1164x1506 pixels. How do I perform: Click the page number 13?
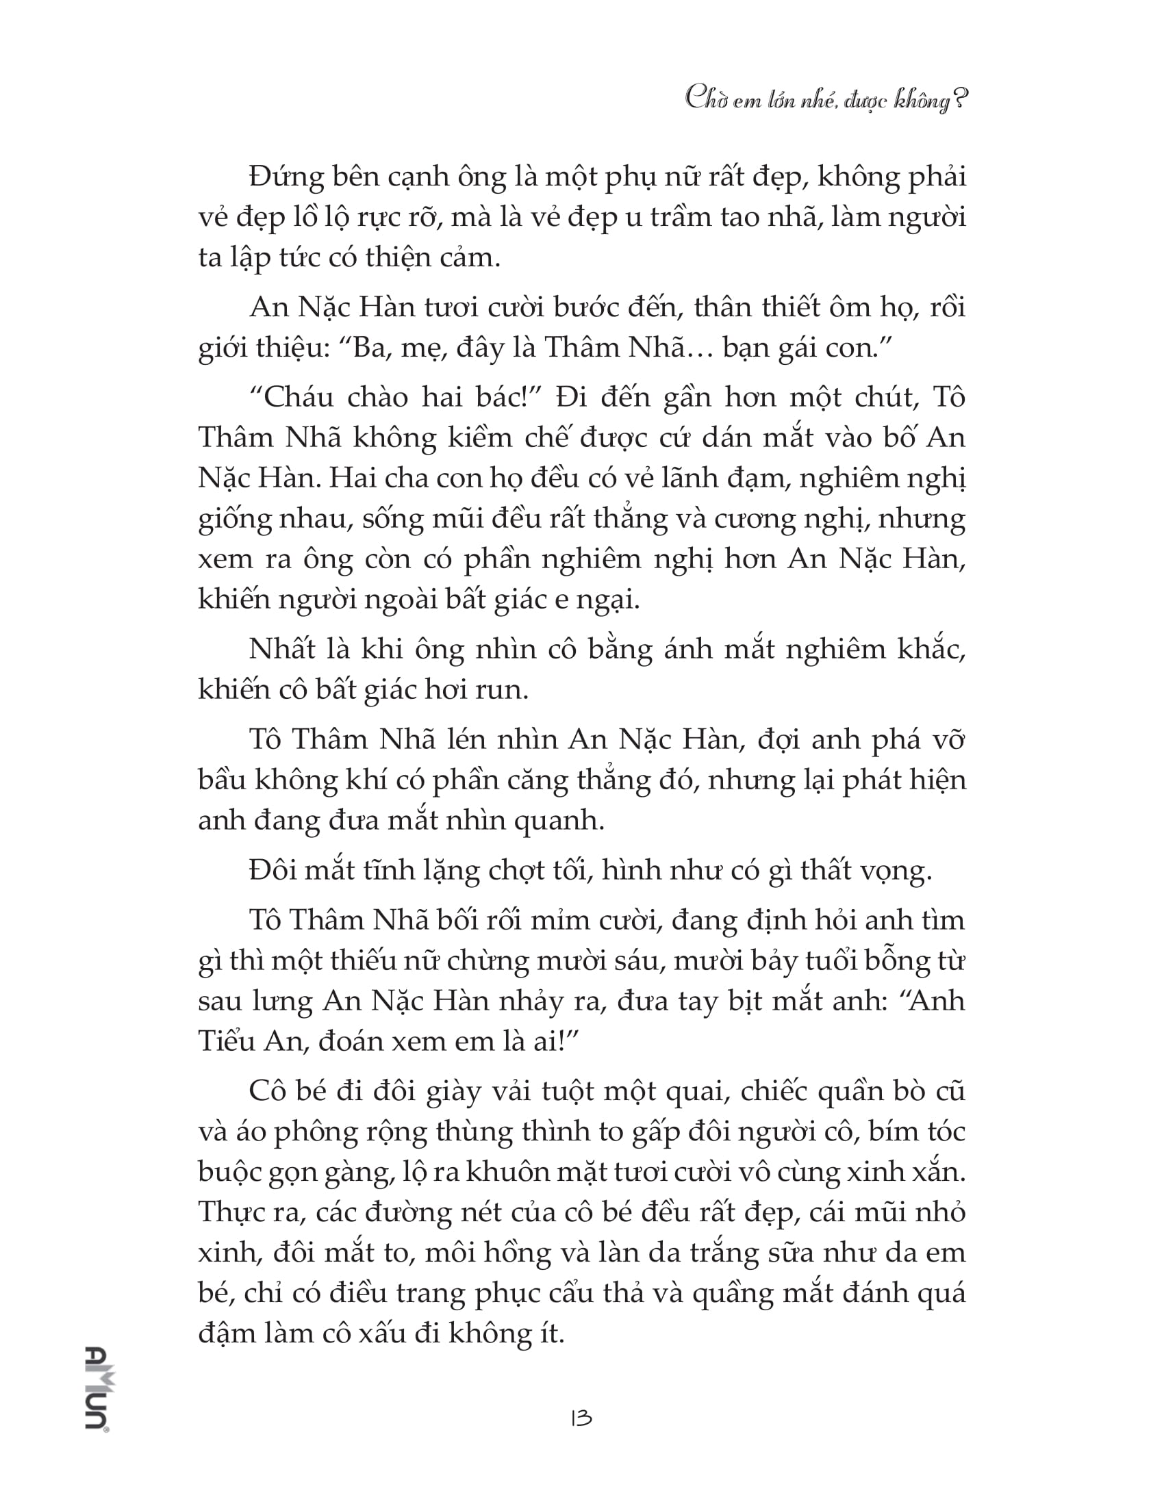(x=581, y=1418)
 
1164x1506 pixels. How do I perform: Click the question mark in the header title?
(x=959, y=101)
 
